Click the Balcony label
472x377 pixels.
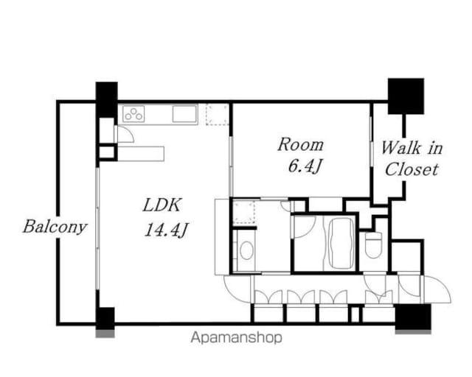click(55, 227)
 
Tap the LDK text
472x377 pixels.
click(162, 205)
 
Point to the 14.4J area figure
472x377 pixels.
click(167, 230)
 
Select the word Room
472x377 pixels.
click(300, 144)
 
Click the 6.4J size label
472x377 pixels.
click(305, 166)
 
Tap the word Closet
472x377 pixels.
click(412, 169)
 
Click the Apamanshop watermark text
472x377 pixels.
click(237, 338)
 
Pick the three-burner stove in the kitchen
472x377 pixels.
click(133, 114)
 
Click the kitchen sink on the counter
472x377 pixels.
click(184, 114)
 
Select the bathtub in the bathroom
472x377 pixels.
click(341, 243)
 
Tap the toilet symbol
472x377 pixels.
click(373, 244)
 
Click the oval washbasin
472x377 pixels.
click(246, 250)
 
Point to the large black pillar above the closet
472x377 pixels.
click(406, 96)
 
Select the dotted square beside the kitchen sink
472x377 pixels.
click(217, 114)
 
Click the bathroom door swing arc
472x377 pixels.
click(305, 227)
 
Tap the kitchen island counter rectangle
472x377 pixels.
click(141, 154)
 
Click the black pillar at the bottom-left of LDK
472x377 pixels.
click(105, 319)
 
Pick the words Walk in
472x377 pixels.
click(412, 148)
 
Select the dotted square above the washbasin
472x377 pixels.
click(244, 213)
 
